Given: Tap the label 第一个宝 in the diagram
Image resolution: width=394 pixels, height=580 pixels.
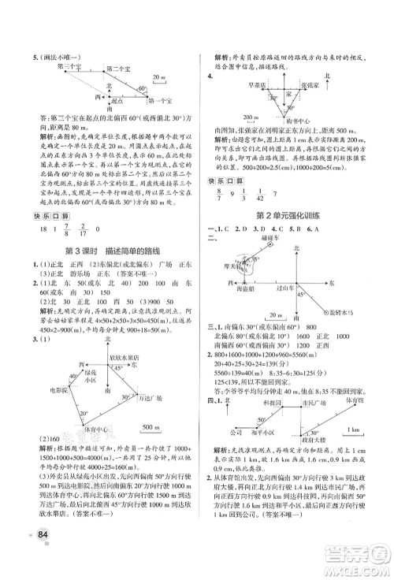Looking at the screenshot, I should [163, 102].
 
